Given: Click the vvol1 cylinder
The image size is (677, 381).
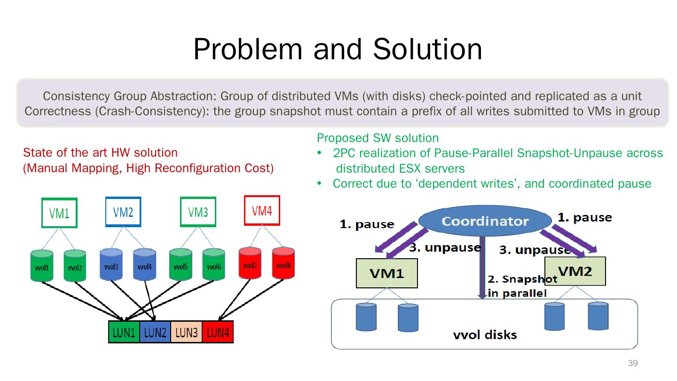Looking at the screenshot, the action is click(42, 265).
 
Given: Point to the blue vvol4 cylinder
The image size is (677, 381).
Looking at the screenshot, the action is click(144, 264).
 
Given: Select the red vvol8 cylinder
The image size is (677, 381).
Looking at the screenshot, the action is click(283, 263).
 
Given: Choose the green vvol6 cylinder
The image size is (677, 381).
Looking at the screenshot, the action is click(213, 264).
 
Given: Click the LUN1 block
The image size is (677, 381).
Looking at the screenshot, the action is click(124, 332).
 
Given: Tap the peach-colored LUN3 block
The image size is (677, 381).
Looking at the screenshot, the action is click(187, 332).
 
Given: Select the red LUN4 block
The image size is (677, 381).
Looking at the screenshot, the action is click(218, 332).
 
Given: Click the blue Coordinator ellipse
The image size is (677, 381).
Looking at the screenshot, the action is click(485, 221).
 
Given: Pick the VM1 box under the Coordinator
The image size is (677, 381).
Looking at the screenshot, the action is click(387, 273).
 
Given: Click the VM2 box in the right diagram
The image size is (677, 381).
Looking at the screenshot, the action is click(575, 271).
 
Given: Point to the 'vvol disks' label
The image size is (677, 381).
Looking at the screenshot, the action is click(485, 335).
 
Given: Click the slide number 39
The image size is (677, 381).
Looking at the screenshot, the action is click(633, 363).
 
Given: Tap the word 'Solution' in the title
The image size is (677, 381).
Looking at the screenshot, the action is click(427, 49).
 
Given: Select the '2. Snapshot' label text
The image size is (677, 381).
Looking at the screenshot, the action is click(522, 279).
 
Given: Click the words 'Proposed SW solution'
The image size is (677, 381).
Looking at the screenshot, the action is click(378, 138).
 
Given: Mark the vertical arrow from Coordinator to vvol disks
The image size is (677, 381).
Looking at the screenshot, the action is click(482, 268).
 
